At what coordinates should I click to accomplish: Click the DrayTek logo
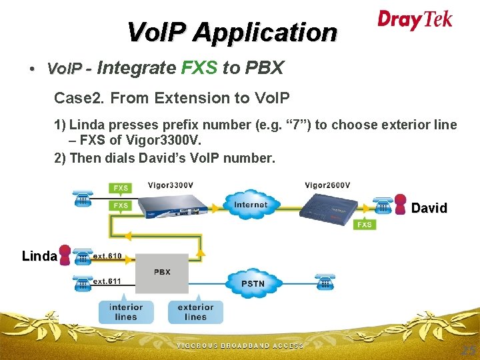[x=415, y=20]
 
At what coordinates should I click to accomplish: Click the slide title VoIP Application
[x=232, y=31]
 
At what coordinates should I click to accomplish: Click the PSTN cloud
[x=253, y=283]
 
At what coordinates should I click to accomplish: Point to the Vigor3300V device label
[x=171, y=185]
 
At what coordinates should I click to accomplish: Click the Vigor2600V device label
[x=327, y=185]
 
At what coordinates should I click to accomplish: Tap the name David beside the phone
[x=429, y=208]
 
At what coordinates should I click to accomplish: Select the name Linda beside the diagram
[x=39, y=256]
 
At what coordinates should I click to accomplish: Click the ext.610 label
[x=107, y=256]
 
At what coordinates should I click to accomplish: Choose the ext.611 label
[x=107, y=281]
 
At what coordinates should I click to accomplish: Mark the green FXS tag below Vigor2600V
[x=365, y=225]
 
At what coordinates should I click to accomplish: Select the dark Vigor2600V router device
[x=329, y=209]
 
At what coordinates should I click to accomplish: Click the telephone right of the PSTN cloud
[x=325, y=281]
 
